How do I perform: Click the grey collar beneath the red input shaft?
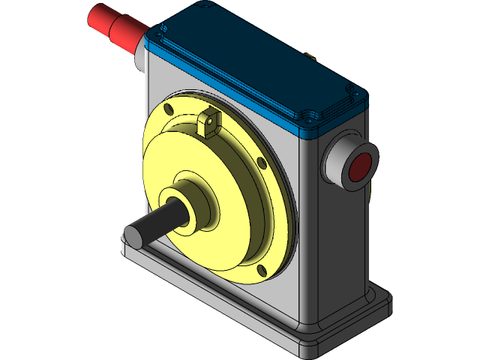tap(141, 60)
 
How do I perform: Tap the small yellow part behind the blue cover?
tap(310, 54)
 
